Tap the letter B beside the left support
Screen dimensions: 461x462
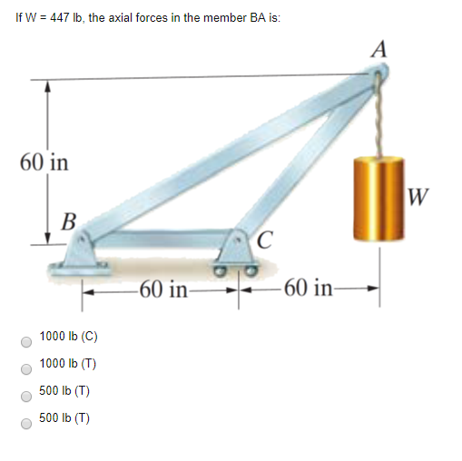click(x=68, y=220)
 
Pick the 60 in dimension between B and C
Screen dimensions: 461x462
click(x=164, y=290)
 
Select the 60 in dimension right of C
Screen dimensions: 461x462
click(x=309, y=290)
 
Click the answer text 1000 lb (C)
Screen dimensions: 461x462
click(x=69, y=337)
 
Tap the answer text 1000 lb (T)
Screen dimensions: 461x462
click(x=69, y=364)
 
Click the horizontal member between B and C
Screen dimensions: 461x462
click(x=163, y=239)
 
